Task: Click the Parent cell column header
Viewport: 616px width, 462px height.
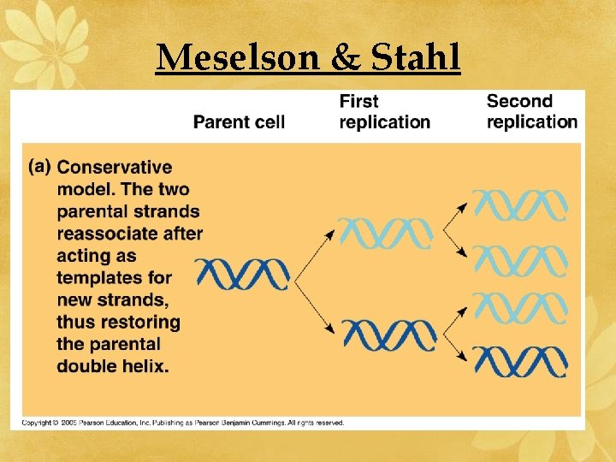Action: point(239,121)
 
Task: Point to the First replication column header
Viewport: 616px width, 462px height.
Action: point(384,112)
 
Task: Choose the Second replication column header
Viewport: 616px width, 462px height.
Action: point(531,112)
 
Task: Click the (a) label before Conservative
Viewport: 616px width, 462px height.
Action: point(39,167)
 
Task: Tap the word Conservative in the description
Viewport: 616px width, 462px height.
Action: point(114,168)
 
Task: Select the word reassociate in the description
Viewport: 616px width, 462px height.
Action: point(129,234)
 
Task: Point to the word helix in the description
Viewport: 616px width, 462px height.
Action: point(145,366)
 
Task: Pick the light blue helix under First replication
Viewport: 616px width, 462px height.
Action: point(386,232)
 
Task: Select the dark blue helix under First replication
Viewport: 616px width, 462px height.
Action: point(389,334)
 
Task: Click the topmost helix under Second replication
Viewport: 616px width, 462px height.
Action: point(520,205)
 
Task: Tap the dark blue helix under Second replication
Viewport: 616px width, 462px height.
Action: point(520,361)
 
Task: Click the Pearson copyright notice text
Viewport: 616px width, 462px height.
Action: point(183,423)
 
